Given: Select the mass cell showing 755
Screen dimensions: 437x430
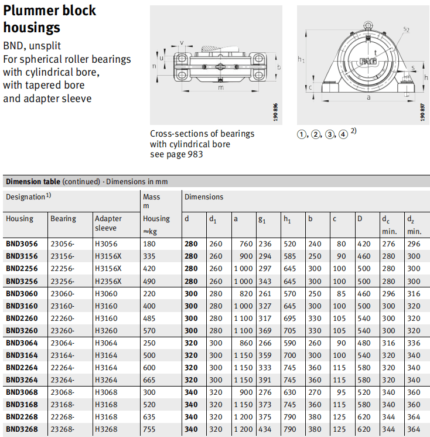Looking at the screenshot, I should (149, 429).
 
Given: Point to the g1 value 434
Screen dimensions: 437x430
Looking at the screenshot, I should (265, 429).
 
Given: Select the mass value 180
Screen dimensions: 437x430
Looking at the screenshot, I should (149, 244).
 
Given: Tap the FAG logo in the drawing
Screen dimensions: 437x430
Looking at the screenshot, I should (368, 61).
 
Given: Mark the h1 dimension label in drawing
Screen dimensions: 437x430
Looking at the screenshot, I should (301, 59).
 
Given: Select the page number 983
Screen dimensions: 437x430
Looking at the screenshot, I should (196, 154).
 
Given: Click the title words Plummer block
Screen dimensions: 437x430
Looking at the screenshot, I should (50, 11).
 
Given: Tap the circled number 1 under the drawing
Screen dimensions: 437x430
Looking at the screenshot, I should (302, 134).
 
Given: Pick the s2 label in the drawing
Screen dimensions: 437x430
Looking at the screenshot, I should (407, 29).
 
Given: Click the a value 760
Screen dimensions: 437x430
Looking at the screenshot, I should (245, 244).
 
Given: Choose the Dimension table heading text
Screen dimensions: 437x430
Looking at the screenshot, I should (32, 182).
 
